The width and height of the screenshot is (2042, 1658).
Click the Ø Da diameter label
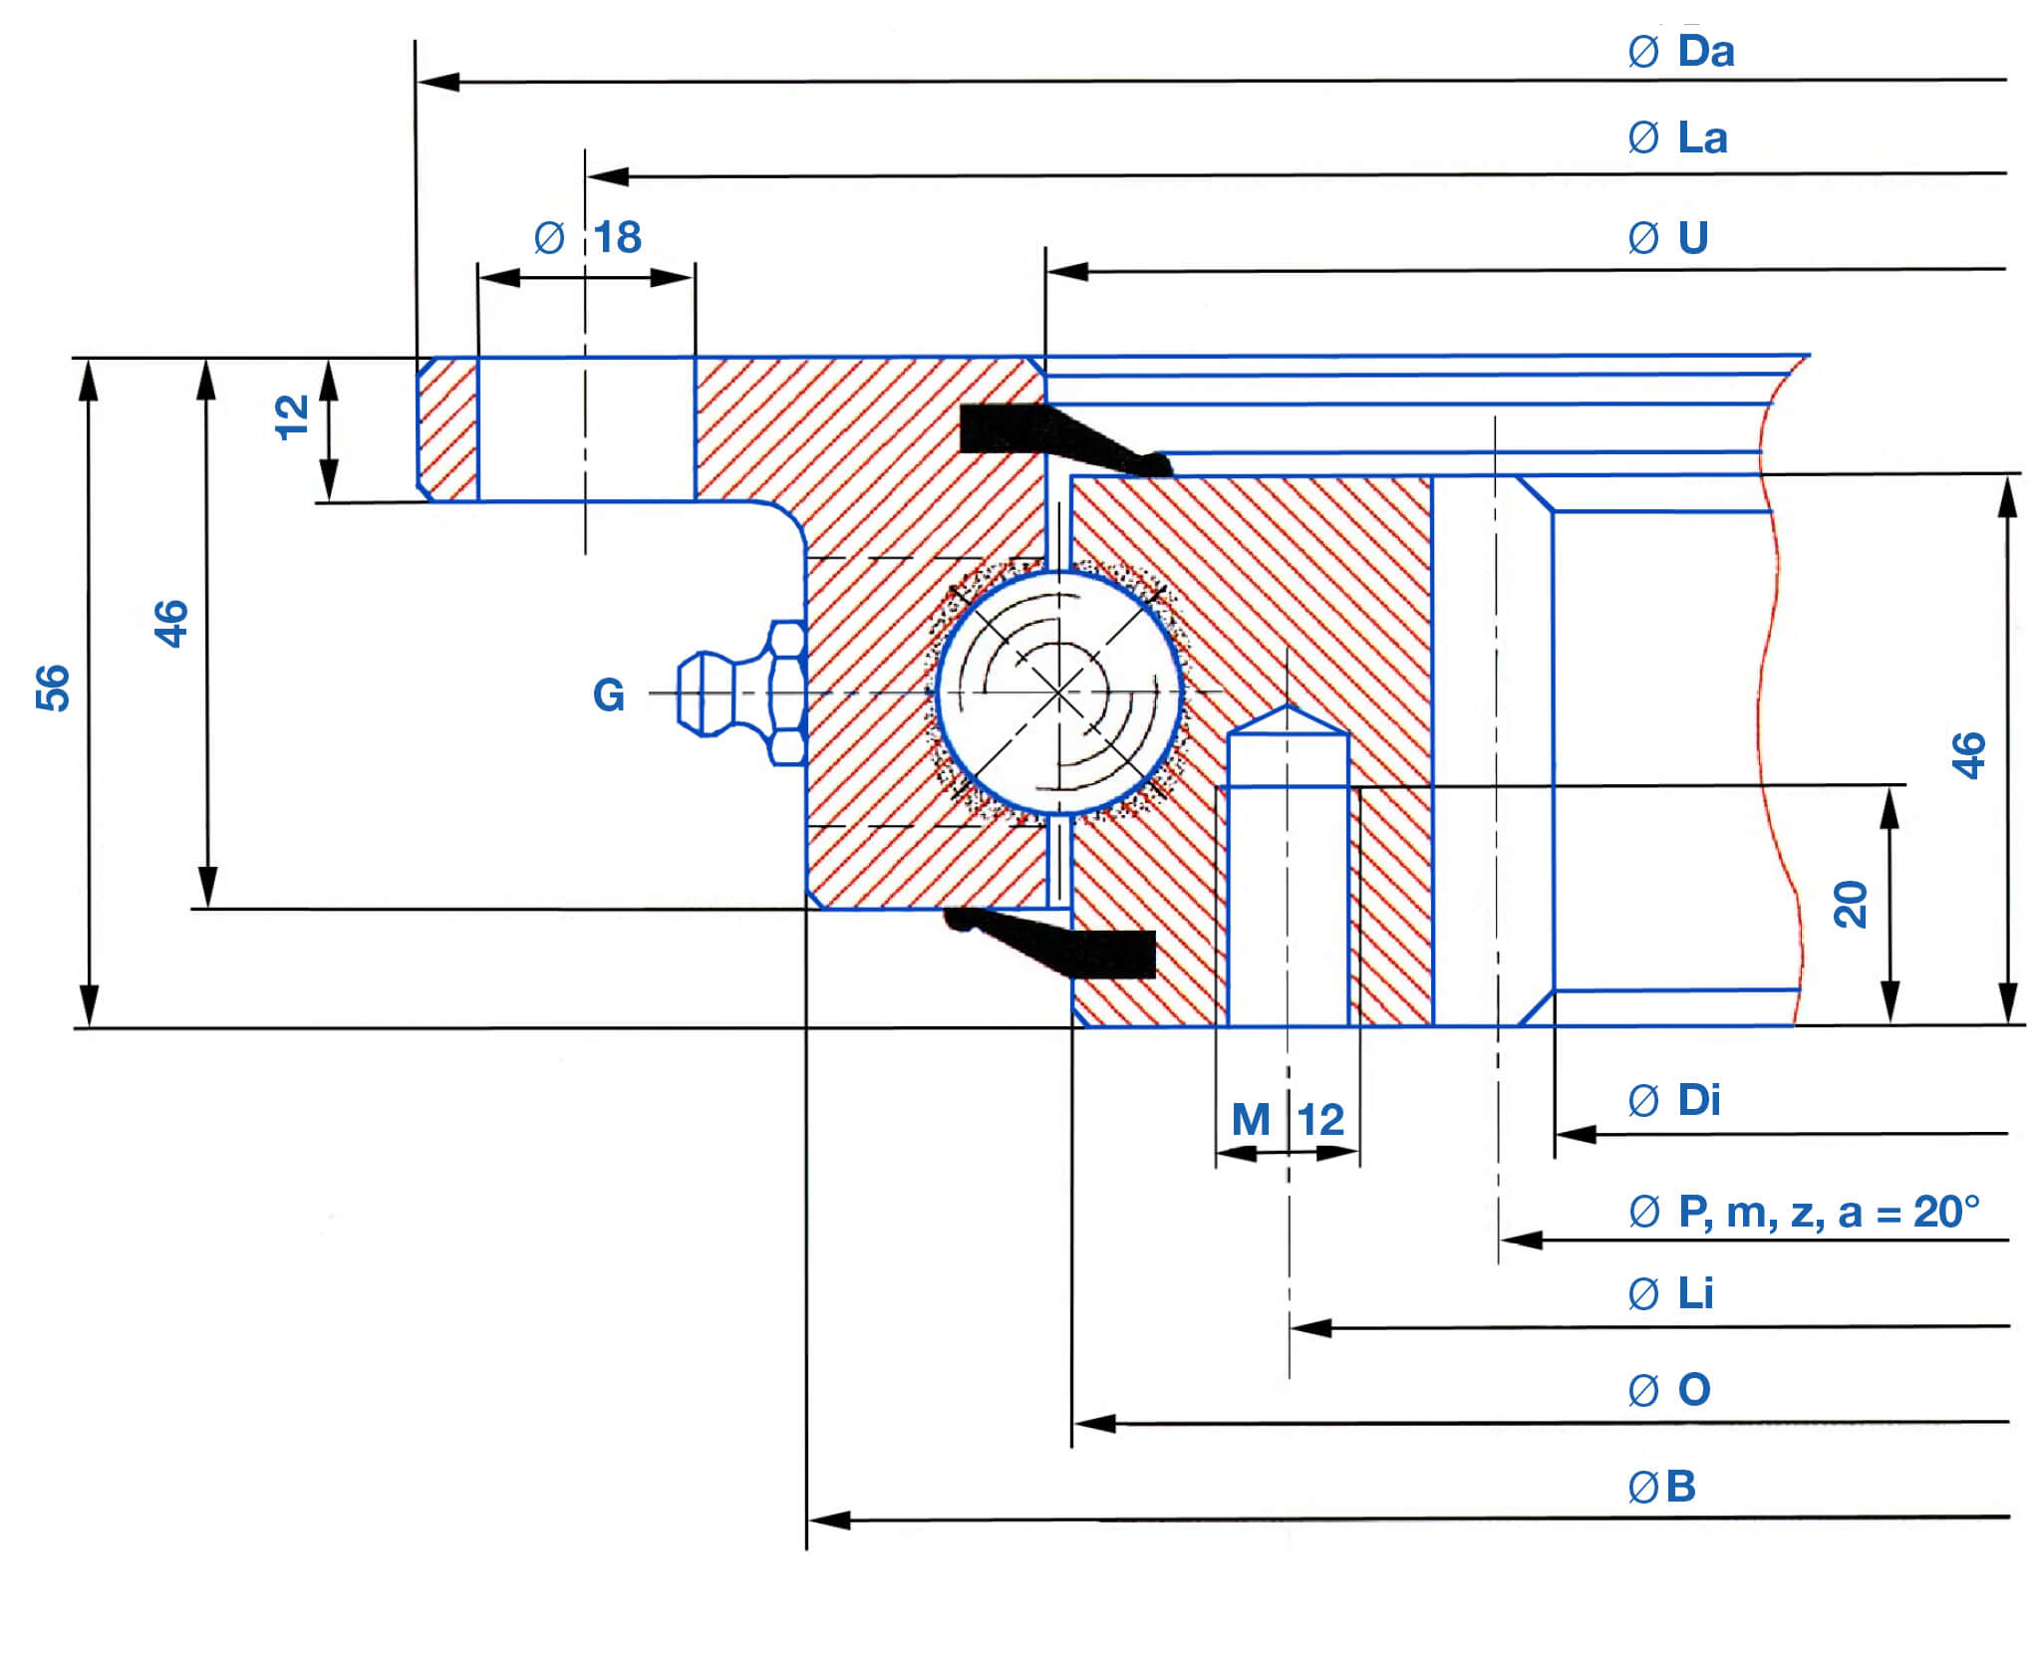[1681, 52]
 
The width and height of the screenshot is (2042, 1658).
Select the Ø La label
[1677, 138]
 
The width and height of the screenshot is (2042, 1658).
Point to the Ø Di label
[1674, 1101]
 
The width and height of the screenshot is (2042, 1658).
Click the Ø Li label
[1671, 1294]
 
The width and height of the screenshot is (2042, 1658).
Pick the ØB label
[1661, 1487]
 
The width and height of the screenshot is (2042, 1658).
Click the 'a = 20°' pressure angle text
[1908, 1213]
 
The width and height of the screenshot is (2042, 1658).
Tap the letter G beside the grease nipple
[608, 694]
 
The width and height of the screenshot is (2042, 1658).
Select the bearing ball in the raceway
[1058, 691]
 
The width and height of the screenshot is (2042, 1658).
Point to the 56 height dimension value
[53, 688]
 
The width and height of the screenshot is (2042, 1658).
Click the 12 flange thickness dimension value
[291, 417]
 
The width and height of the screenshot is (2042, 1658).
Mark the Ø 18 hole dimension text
[588, 238]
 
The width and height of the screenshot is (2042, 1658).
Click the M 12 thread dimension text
[1288, 1120]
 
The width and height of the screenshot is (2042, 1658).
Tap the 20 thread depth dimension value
[1851, 905]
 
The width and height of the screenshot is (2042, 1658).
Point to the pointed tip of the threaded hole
[1289, 709]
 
